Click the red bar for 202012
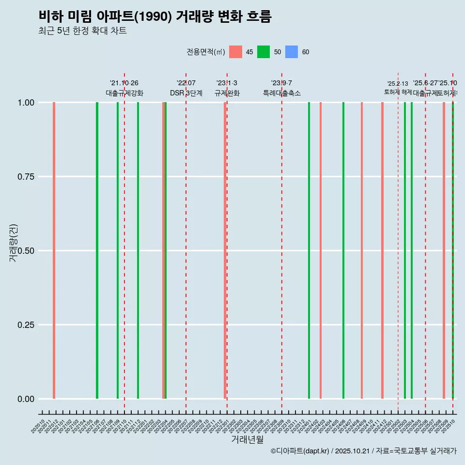coord(54,250)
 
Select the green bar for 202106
coord(97,250)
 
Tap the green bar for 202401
coord(309,250)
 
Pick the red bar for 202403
coord(321,250)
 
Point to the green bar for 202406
coord(343,250)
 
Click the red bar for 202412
coord(382,250)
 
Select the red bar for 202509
coord(444,250)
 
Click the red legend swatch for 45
coord(235,52)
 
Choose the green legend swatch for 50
coord(263,52)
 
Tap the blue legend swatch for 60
coord(292,52)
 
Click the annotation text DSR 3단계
coord(186,93)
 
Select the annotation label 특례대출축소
coord(282,93)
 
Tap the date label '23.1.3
coord(227,83)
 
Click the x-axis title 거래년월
coord(247,439)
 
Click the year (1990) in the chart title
coord(153,17)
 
